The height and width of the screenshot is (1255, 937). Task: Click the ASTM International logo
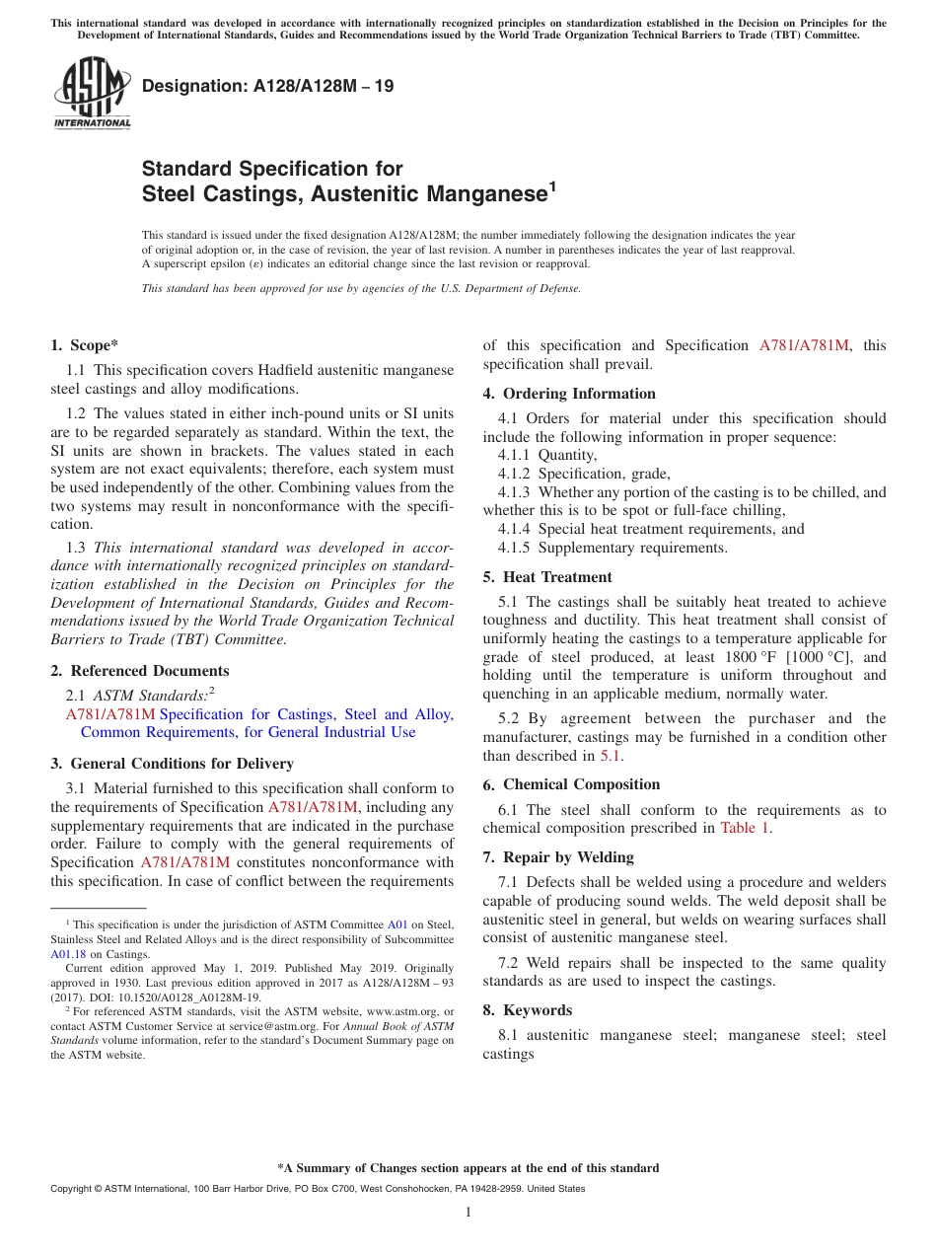[91, 92]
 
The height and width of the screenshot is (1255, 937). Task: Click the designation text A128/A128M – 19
[267, 86]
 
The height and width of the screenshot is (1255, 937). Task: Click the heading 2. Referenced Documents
[139, 671]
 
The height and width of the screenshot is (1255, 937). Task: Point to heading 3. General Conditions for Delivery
[172, 764]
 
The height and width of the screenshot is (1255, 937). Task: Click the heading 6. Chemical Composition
[571, 784]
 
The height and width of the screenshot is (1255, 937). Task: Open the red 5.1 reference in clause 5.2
[611, 756]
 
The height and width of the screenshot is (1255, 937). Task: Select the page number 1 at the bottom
[468, 1212]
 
